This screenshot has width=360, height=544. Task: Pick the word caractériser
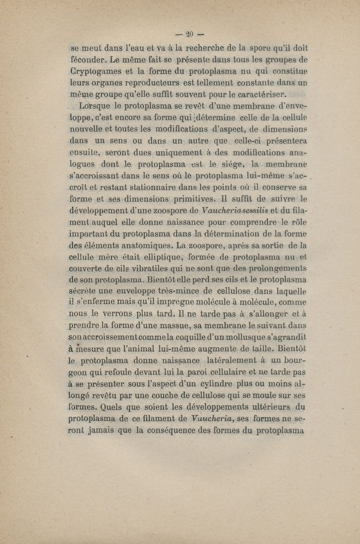[258, 95]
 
